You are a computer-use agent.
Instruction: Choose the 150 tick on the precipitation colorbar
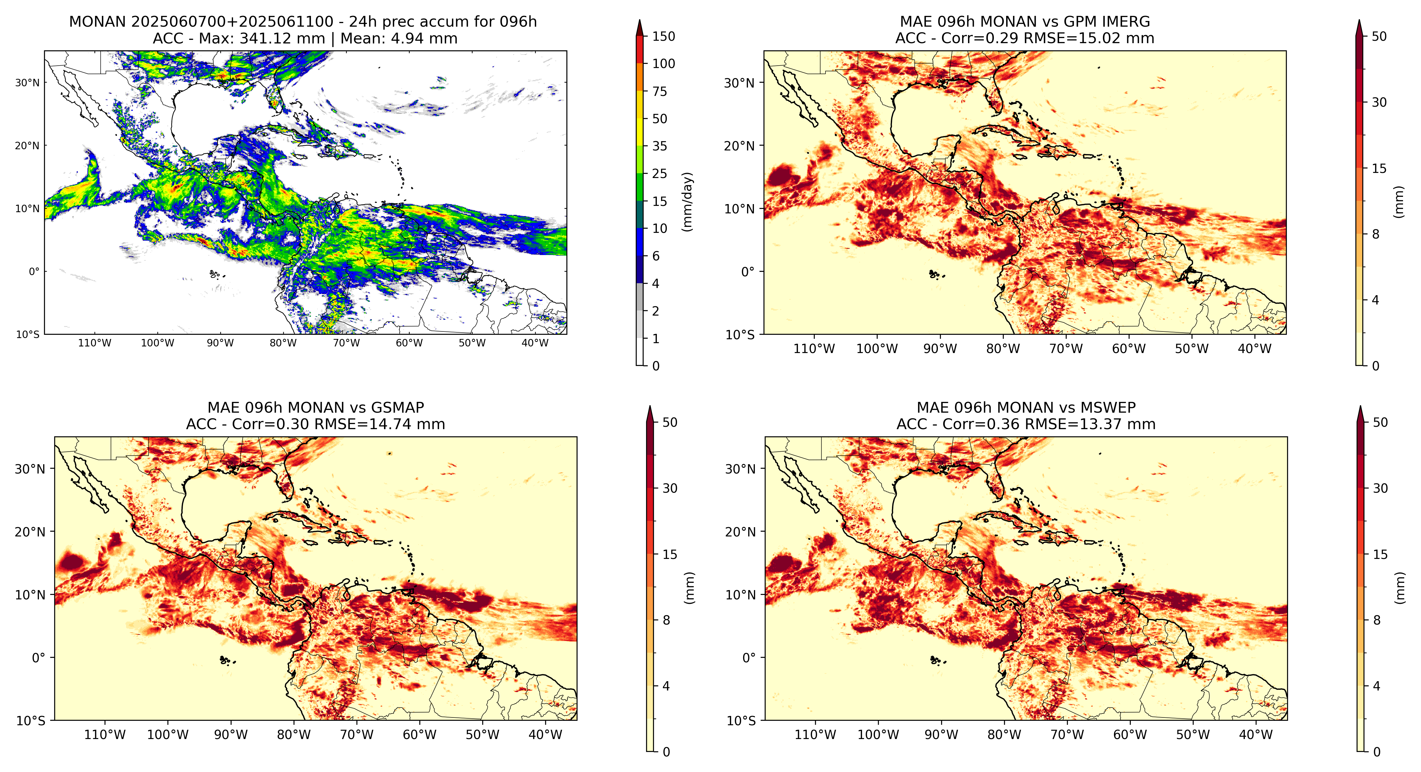coord(663,37)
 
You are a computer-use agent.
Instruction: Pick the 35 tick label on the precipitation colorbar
coord(660,146)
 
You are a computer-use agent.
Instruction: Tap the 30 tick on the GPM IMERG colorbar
coord(1379,102)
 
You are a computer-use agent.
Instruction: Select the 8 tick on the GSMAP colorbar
coord(666,620)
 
